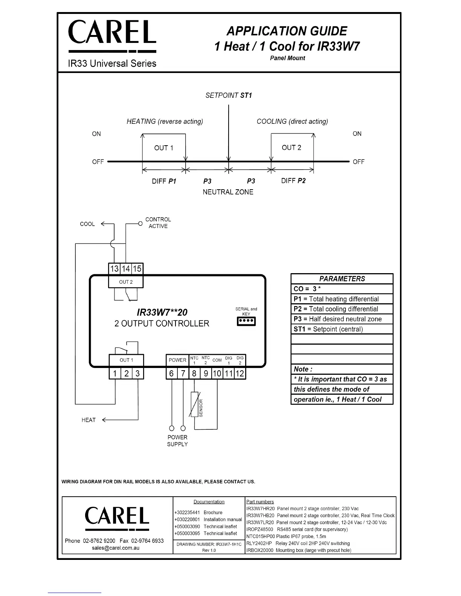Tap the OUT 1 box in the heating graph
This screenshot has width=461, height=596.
(164, 148)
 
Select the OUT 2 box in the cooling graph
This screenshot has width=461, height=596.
(292, 147)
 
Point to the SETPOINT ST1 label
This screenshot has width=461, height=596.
(229, 96)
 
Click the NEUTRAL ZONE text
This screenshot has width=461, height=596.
(228, 192)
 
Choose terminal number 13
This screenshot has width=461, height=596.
(114, 269)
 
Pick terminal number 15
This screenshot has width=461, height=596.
(137, 269)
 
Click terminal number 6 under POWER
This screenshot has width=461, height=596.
(171, 374)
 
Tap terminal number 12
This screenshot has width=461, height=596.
(240, 374)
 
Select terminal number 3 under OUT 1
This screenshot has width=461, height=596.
(137, 374)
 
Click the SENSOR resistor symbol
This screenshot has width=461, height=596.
(194, 404)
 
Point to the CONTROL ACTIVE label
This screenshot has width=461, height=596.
(158, 223)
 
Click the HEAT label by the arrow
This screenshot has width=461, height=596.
(89, 420)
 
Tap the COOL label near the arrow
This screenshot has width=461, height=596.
(87, 224)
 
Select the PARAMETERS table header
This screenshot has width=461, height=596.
(342, 279)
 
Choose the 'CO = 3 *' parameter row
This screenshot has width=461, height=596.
(342, 289)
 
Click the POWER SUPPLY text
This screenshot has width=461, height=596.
(177, 441)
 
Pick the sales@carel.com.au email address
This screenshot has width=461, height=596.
(116, 548)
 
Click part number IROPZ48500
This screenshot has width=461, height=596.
(260, 529)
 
